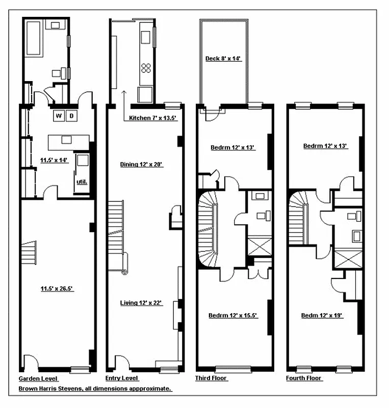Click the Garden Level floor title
(x=38, y=378)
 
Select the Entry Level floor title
(x=121, y=378)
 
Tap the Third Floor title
(x=211, y=378)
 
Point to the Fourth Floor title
(x=304, y=378)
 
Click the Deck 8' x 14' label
(x=223, y=59)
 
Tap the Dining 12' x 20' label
(x=141, y=164)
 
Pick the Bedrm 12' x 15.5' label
(x=233, y=316)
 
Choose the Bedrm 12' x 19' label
(x=321, y=316)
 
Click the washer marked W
(x=59, y=116)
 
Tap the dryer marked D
(x=72, y=116)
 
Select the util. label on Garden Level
(x=82, y=181)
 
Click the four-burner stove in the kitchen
(x=146, y=68)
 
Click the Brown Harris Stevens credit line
(x=95, y=389)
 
